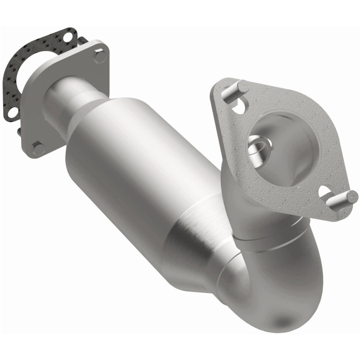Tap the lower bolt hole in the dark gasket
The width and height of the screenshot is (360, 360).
pyautogui.click(x=13, y=111)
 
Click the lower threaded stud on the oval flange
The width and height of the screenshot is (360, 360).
pyautogui.click(x=343, y=198)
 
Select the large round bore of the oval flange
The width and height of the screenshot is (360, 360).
pyautogui.click(x=283, y=144)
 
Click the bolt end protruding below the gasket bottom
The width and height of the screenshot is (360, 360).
pyautogui.click(x=19, y=131)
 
